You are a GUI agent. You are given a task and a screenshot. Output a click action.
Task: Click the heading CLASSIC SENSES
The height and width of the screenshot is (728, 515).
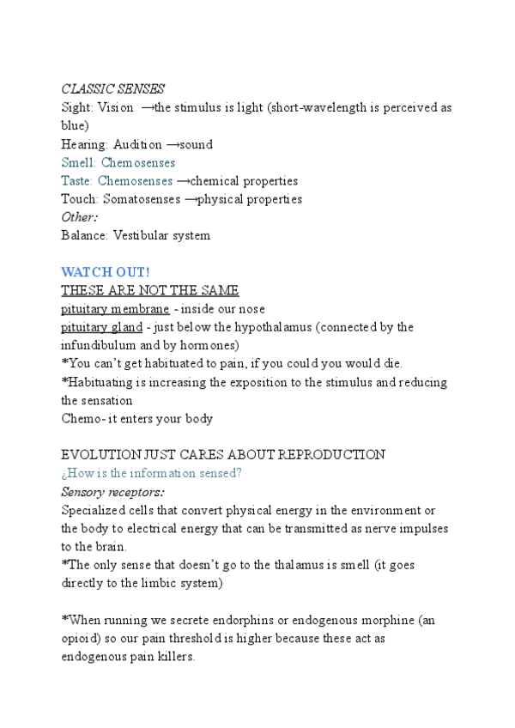pos(112,89)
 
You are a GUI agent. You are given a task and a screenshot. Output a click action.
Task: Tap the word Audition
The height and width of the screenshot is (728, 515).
pos(138,144)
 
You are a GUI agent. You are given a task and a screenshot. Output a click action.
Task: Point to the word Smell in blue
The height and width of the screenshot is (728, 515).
pos(78,162)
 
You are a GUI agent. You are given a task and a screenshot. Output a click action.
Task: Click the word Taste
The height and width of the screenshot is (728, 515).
pos(76,181)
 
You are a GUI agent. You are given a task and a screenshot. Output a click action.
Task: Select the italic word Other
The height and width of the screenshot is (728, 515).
pos(79,217)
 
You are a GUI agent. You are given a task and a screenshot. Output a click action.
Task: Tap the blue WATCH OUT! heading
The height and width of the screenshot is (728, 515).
pos(106,272)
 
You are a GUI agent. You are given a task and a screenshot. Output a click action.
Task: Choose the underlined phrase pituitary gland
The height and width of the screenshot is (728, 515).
pos(102,327)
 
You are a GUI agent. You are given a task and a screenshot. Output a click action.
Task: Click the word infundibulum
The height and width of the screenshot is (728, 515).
pos(100,345)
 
